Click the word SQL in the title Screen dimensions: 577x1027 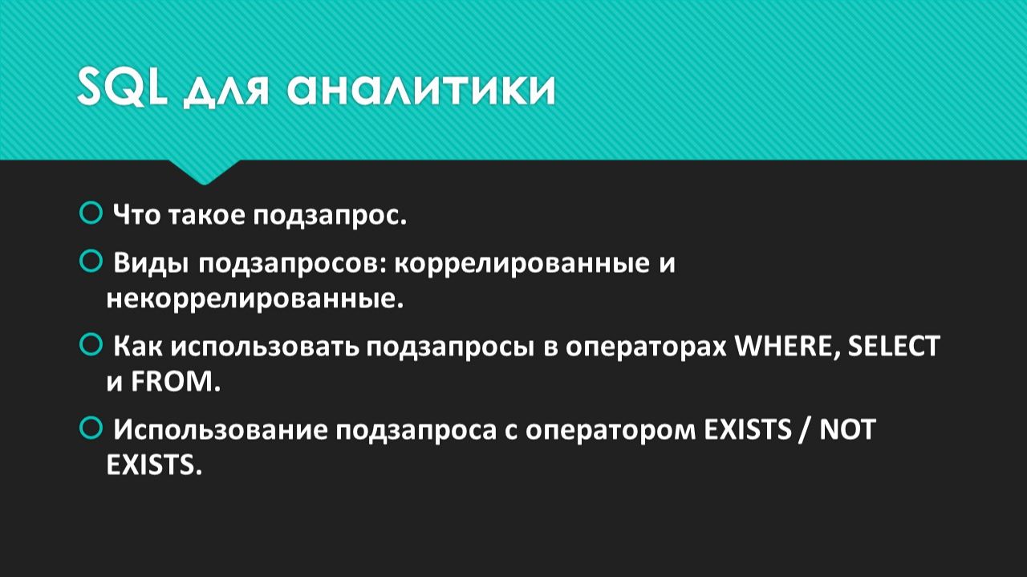click(x=122, y=88)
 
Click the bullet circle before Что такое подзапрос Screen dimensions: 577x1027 click(x=91, y=213)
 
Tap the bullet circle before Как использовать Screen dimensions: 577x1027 click(x=91, y=345)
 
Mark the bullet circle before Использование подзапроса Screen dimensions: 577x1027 click(x=91, y=428)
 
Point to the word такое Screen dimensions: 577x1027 click(x=205, y=216)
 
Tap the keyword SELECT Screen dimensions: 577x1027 click(x=894, y=347)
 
